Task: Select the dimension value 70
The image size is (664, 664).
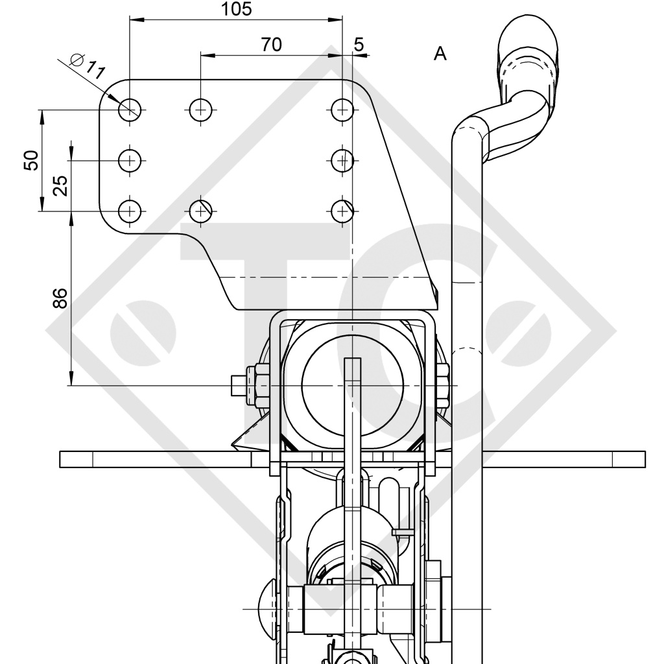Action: tap(271, 44)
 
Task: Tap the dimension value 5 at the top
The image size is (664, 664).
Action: tap(359, 44)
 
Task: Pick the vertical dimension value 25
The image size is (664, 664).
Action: tap(59, 185)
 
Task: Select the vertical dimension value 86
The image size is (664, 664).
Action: tap(59, 298)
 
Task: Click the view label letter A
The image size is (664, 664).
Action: tap(440, 54)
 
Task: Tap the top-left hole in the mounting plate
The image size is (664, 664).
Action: tap(130, 110)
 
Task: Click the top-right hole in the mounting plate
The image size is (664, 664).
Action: tap(341, 110)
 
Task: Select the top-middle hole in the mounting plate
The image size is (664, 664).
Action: tap(201, 110)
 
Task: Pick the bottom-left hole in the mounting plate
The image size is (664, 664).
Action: tap(130, 210)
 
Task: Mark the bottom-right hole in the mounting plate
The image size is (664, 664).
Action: tap(341, 210)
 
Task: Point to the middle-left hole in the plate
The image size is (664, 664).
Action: tap(130, 160)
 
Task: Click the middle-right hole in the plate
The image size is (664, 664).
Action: tap(341, 160)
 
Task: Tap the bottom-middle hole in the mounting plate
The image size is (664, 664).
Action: tap(201, 210)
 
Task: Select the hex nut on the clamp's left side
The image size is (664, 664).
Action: tap(262, 386)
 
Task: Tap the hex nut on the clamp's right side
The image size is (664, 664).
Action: tap(443, 386)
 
